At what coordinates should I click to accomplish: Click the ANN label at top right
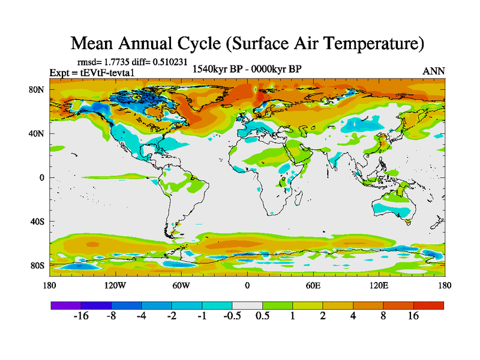[434, 71]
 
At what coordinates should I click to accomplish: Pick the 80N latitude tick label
[36, 89]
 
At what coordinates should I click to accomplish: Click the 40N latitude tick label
[36, 133]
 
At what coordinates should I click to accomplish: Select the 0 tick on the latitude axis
[42, 178]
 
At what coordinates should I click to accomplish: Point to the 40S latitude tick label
[36, 221]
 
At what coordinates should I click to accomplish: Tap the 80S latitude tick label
[36, 265]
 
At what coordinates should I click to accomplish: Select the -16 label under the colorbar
[80, 316]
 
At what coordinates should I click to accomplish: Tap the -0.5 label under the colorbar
[232, 316]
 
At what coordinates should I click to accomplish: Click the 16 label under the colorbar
[413, 316]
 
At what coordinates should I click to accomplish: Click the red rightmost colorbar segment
[428, 305]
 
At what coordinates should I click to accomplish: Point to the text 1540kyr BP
[218, 68]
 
